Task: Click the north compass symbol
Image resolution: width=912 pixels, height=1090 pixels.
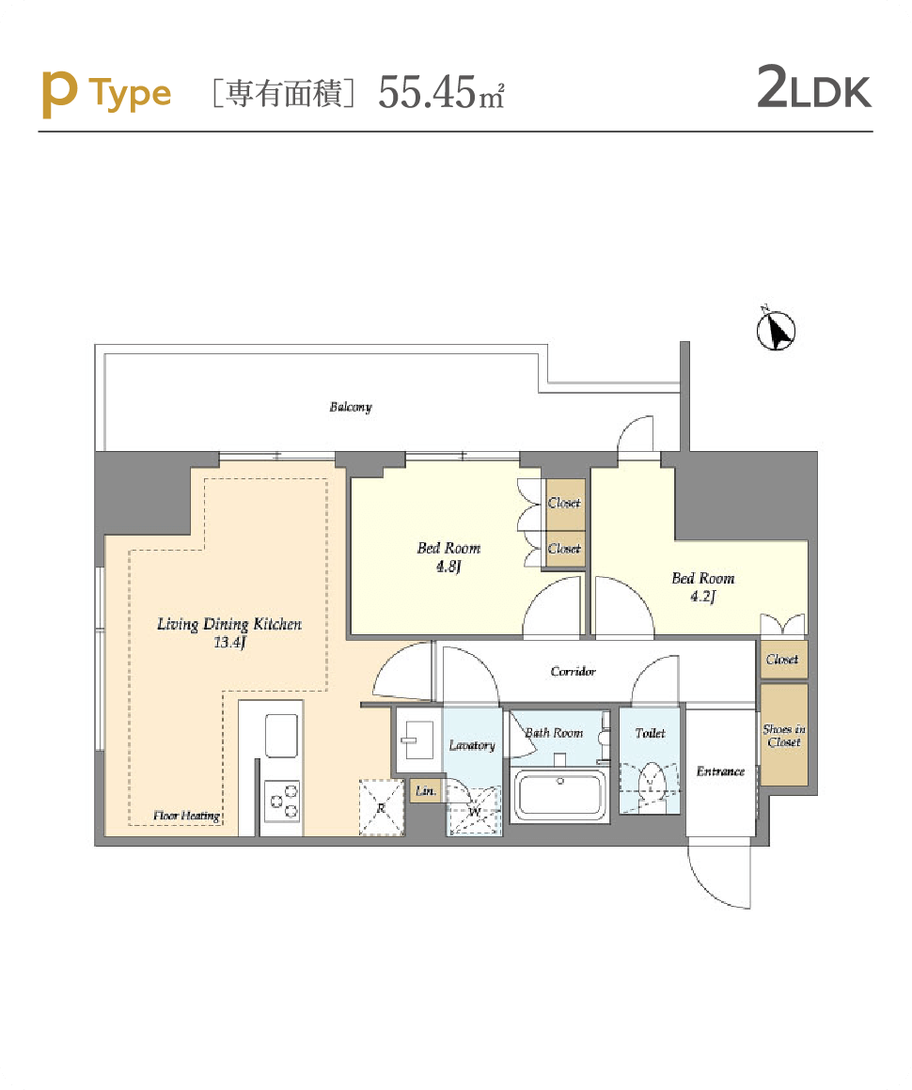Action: click(x=776, y=330)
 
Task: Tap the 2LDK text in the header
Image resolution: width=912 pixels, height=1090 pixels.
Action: click(x=814, y=88)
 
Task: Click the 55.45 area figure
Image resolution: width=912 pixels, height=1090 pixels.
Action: click(x=427, y=92)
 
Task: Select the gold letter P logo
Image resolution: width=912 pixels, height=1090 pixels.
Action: click(x=59, y=95)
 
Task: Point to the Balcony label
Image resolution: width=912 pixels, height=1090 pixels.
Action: click(x=351, y=407)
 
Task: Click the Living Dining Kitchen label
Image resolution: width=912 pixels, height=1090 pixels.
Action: click(x=229, y=624)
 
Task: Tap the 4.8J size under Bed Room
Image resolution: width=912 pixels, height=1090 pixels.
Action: click(x=448, y=567)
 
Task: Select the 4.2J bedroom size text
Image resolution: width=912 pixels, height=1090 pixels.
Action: click(x=702, y=597)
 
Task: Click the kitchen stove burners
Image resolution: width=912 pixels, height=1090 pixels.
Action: click(x=283, y=800)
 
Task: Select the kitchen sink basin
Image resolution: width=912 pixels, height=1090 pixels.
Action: click(x=282, y=735)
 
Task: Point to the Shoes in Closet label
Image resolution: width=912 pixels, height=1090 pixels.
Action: click(x=784, y=736)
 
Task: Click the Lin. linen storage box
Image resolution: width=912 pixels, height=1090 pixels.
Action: click(x=426, y=790)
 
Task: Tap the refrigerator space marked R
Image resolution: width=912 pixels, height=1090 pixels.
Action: click(x=381, y=807)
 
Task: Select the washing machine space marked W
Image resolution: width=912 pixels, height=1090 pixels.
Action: click(x=475, y=811)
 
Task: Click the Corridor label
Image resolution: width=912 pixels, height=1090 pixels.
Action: click(x=574, y=671)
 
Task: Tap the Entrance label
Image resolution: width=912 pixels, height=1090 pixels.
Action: click(x=721, y=771)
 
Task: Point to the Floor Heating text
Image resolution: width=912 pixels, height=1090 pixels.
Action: click(x=186, y=816)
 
